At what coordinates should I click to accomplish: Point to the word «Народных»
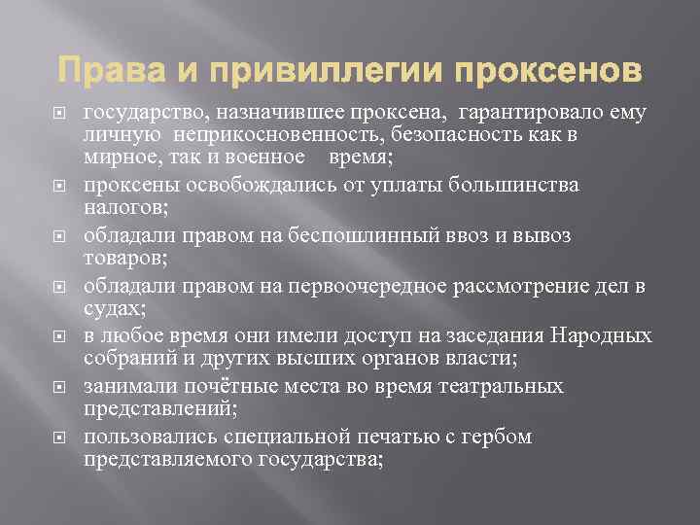click(x=601, y=336)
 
